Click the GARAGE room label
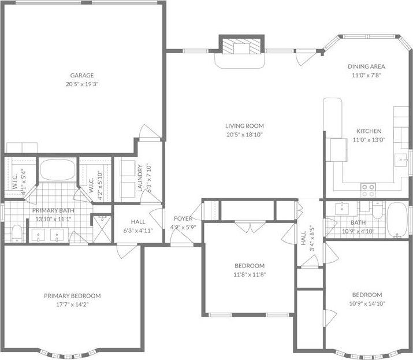[x=82, y=75]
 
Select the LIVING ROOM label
[x=244, y=126]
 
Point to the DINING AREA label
[x=366, y=66]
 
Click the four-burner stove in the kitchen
[x=368, y=187]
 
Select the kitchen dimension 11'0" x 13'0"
[x=368, y=139]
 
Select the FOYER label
[x=184, y=219]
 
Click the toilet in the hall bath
[x=378, y=211]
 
